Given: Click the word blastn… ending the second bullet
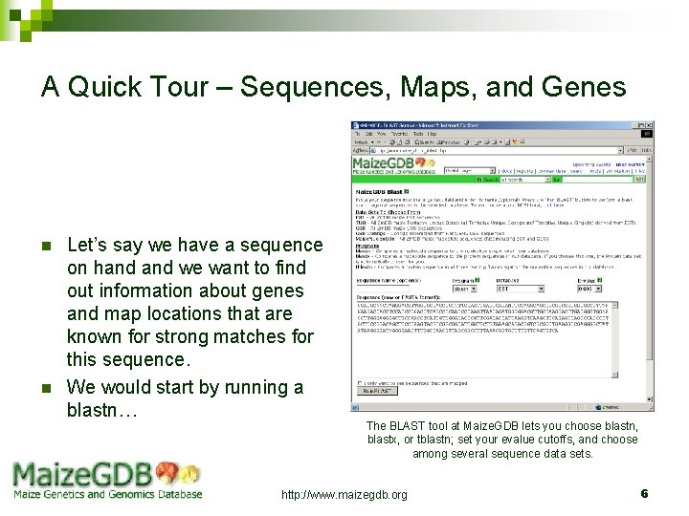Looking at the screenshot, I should pos(103,411).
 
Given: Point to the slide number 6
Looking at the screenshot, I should pos(644,493).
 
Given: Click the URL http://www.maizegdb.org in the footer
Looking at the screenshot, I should pos(344,494).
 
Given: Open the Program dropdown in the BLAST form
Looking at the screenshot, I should pos(466,288).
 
